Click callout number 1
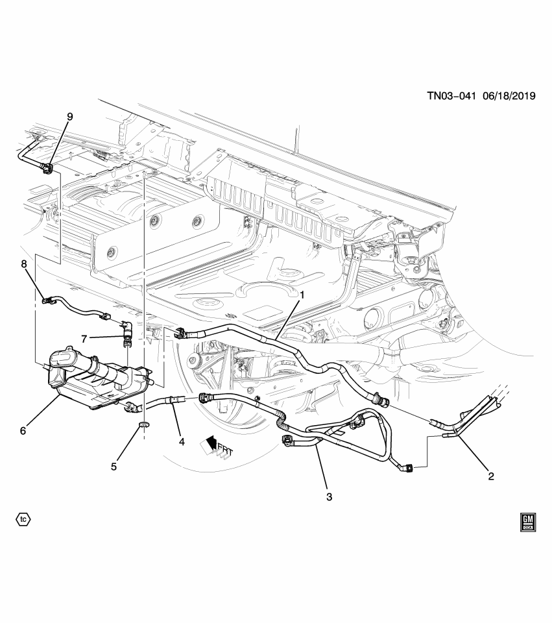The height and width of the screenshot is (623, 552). (x=302, y=295)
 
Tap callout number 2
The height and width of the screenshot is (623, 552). (x=491, y=476)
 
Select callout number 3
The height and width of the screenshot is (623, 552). (x=329, y=496)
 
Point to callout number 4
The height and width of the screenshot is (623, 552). (x=182, y=441)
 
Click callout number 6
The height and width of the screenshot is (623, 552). (x=23, y=430)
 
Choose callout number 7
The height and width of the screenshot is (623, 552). (x=84, y=337)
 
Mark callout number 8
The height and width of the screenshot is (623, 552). (x=24, y=264)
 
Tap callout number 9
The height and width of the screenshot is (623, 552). (x=69, y=117)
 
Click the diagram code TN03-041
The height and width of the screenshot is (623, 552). (x=451, y=95)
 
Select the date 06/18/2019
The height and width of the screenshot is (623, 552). (x=508, y=95)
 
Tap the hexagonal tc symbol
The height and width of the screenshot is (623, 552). (x=23, y=519)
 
